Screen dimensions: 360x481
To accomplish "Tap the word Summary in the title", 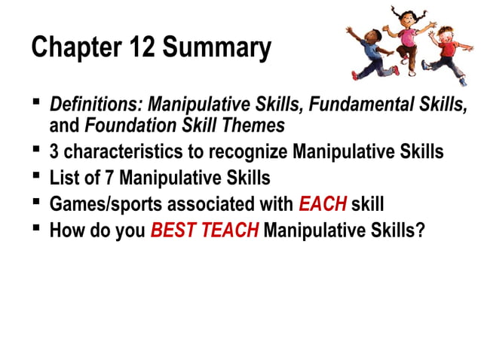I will coord(217,48).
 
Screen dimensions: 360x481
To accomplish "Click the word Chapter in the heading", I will coord(74,48).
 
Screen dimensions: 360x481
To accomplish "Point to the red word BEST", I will coord(174,230).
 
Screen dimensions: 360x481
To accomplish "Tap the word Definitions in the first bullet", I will coord(96,105).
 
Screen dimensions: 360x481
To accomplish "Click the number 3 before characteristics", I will coord(54,153).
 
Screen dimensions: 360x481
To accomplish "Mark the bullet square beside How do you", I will coord(35,227).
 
